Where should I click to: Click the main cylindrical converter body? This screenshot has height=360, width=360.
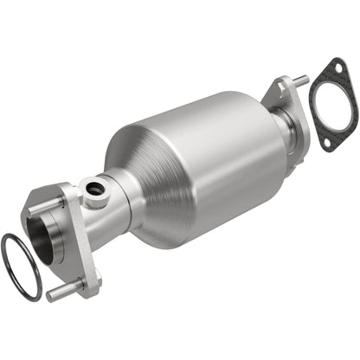(x=199, y=164)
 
